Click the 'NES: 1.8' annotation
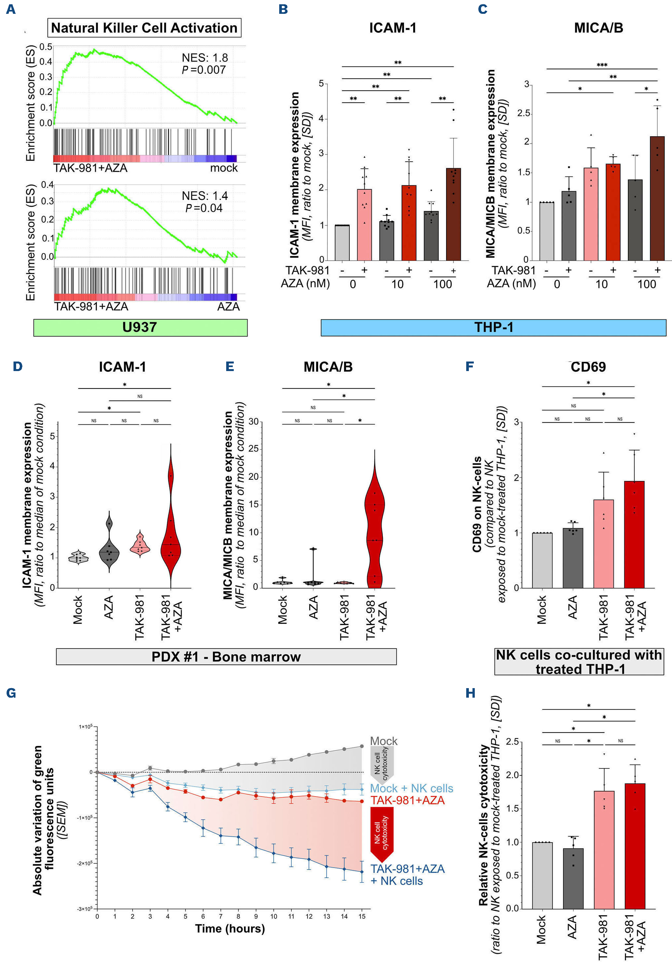click(204, 58)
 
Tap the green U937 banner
click(140, 327)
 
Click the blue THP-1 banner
click(493, 327)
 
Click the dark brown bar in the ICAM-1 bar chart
click(453, 215)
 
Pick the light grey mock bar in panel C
click(547, 231)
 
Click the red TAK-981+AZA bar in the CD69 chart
click(634, 534)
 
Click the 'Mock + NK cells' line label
click(411, 789)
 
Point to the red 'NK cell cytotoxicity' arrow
click(382, 834)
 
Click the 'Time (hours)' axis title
click(230, 928)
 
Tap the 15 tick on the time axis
click(362, 916)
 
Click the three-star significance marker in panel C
click(602, 65)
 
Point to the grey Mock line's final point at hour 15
click(362, 746)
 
